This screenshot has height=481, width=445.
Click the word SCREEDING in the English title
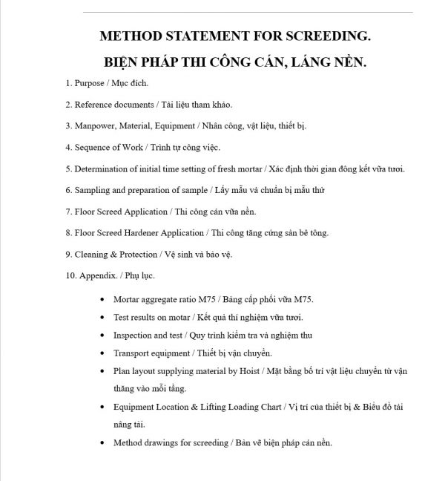(x=327, y=36)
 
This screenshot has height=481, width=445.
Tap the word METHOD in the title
(x=127, y=36)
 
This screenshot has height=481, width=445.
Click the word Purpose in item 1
(x=90, y=83)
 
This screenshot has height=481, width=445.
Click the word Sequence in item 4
(x=93, y=148)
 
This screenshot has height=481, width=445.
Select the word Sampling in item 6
(x=92, y=190)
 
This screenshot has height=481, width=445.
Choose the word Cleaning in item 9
(x=92, y=255)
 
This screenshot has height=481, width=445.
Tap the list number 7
(x=67, y=212)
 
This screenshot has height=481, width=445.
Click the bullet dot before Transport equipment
(x=101, y=353)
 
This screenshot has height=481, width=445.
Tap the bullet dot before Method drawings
(x=101, y=443)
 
